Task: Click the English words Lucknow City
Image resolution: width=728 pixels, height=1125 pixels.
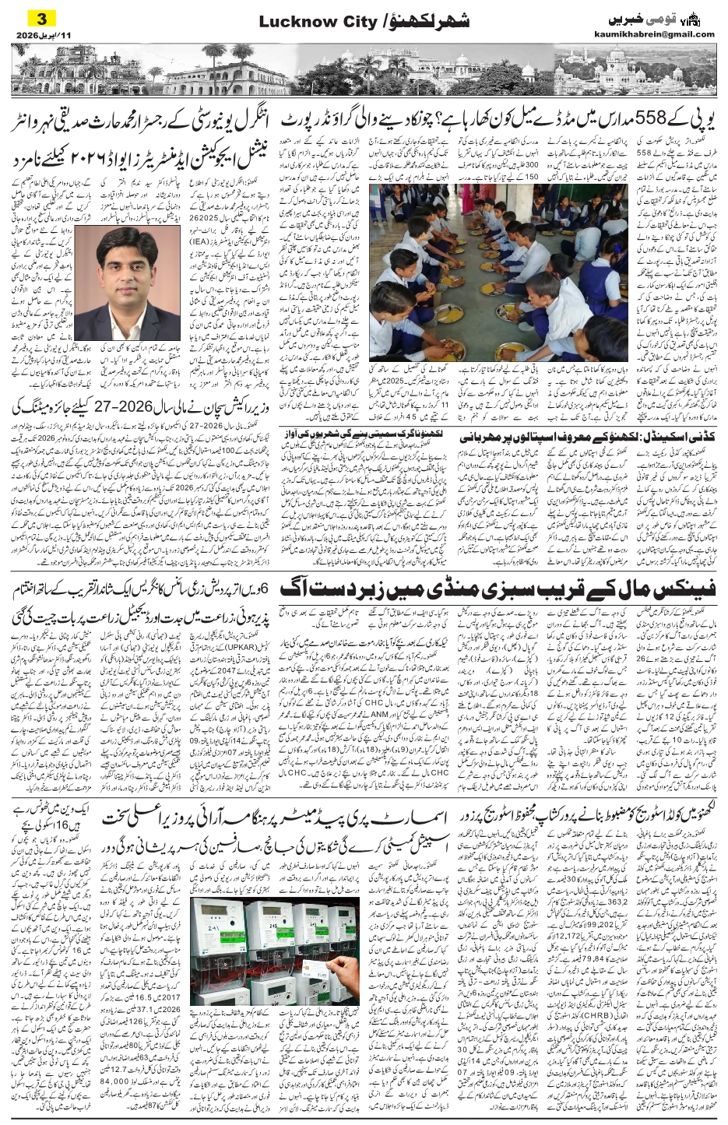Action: click(x=310, y=22)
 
